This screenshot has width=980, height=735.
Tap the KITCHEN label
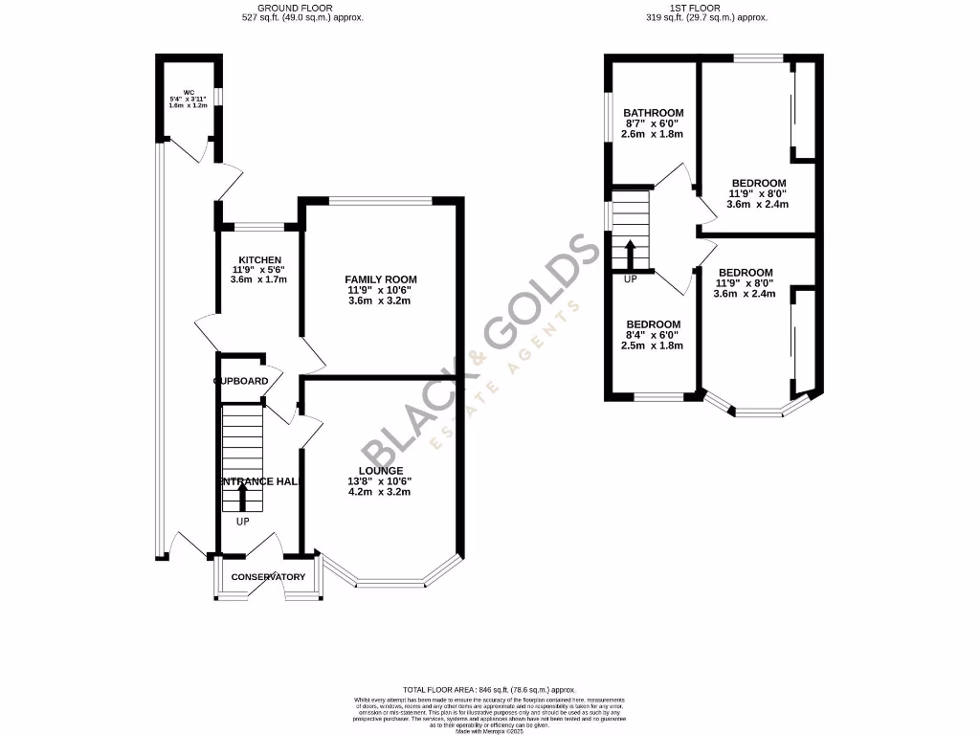[x=259, y=260]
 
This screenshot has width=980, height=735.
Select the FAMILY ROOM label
[x=381, y=279]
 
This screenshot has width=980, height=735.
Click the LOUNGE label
[x=381, y=471]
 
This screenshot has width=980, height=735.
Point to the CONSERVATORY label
[x=268, y=577]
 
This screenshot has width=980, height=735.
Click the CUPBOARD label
[x=240, y=381]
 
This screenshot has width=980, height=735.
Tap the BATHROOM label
[x=654, y=112]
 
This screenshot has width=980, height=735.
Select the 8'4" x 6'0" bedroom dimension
[x=654, y=336]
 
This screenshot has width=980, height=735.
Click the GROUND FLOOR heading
[x=301, y=7]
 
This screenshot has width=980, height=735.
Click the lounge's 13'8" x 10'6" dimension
[x=381, y=481]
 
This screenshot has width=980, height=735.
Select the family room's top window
[x=381, y=200]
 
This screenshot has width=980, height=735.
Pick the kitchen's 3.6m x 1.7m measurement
[x=259, y=279]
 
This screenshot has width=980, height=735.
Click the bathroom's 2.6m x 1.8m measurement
[x=654, y=134]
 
